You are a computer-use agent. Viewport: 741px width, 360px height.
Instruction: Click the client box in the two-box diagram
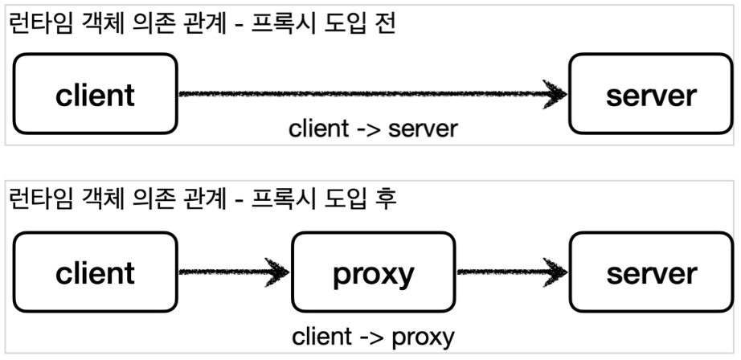point(96,95)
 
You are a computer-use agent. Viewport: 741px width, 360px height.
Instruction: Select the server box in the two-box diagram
point(651,95)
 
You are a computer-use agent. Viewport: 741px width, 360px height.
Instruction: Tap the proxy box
point(373,273)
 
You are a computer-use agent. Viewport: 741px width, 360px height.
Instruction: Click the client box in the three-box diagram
point(96,273)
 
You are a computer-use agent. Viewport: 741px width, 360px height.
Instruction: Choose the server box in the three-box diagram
point(651,273)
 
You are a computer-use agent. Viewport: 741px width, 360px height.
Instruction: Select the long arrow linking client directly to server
point(370,94)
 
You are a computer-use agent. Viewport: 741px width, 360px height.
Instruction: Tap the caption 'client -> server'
point(372,129)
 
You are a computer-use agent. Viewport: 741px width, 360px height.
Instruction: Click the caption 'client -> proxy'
point(374,335)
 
